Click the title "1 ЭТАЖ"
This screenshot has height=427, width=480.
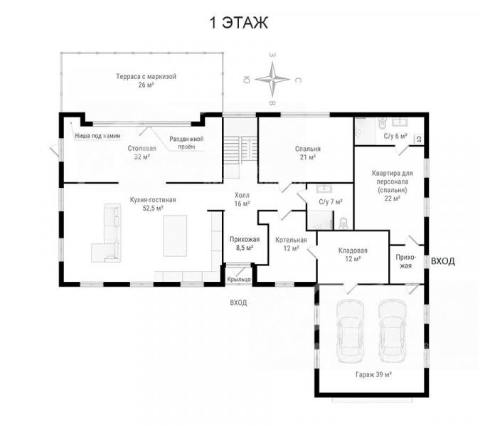tap(239, 23)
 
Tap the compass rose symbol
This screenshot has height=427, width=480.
tap(272, 79)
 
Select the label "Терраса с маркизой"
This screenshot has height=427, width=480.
tap(146, 76)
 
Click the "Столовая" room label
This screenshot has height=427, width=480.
tap(142, 149)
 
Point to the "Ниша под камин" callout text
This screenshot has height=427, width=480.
tap(97, 136)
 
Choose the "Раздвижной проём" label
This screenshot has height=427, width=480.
tap(186, 143)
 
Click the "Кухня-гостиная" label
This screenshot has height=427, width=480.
tap(153, 200)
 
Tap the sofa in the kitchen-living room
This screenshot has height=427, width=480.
tap(106, 233)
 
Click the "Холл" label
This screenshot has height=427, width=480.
tap(242, 195)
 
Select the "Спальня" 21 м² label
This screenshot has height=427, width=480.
tap(308, 149)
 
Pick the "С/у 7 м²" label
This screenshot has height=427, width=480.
tap(330, 202)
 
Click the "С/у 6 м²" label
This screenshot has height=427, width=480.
tap(395, 136)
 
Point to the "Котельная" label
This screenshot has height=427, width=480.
tap(291, 240)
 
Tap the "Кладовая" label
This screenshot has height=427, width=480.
tap(353, 251)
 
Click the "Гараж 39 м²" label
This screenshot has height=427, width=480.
tap(374, 374)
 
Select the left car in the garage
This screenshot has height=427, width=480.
tap(350, 331)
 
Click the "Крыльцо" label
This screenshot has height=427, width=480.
tap(239, 280)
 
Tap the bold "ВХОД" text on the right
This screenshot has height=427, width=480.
tap(442, 261)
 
